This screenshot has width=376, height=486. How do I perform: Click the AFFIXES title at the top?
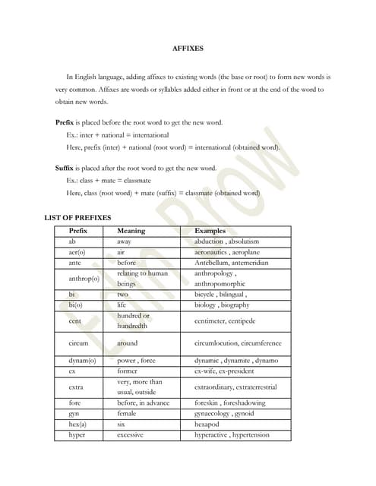tap(188, 49)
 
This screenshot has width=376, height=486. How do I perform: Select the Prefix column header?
tap(78, 230)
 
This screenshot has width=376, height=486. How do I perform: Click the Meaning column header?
tap(131, 230)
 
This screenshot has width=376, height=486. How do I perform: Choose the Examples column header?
tap(210, 230)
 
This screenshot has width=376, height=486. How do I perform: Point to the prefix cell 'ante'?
tap(75, 262)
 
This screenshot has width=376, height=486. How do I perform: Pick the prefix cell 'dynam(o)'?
tap(82, 360)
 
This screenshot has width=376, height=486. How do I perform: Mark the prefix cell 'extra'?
tap(77, 387)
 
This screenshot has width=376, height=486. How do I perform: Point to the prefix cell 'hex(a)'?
tap(77, 425)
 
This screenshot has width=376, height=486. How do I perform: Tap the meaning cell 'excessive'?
tap(131, 436)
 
